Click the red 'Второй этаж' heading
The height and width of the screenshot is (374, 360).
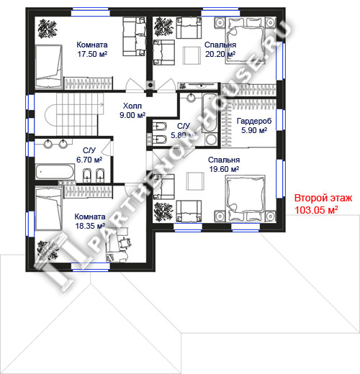point(323,199)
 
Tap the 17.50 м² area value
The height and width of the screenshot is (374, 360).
point(92,54)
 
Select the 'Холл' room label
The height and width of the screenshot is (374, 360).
point(132,106)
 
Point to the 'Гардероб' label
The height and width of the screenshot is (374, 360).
point(254,121)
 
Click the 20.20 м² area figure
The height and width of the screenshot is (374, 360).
point(220,54)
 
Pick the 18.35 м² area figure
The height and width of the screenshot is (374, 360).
point(90,226)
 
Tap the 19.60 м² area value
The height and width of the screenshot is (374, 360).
point(224,169)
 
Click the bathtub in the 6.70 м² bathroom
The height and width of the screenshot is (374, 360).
point(55,172)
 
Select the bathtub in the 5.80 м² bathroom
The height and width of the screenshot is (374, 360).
point(210,113)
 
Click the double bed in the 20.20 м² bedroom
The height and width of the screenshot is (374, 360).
point(246,41)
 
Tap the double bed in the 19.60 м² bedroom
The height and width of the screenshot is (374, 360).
point(246,199)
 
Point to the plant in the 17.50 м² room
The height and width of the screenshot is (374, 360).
point(48,29)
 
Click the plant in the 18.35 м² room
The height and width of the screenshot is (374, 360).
point(48,250)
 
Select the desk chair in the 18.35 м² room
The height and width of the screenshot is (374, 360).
point(125,242)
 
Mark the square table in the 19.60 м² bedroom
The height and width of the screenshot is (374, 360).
point(196,181)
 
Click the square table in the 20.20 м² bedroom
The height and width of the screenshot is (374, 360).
point(192,55)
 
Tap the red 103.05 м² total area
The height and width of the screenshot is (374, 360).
point(316,210)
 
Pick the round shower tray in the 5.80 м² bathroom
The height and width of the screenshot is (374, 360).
point(211,140)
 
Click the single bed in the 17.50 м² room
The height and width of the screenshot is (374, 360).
point(49,66)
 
